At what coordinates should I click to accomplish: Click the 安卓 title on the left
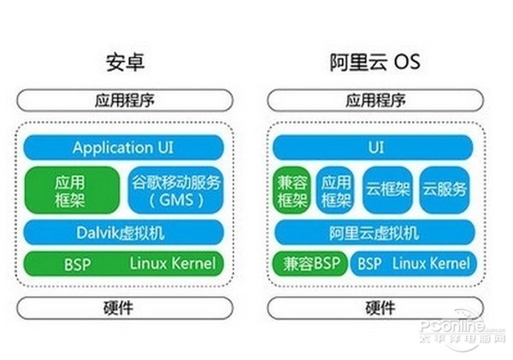coord(124,62)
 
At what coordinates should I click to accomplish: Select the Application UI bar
coord(125,147)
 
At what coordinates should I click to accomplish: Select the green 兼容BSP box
coord(309,263)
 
